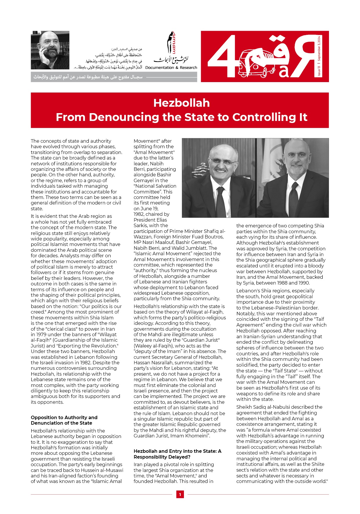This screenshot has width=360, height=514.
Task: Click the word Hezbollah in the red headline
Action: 181,103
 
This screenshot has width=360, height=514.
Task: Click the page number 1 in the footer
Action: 180,495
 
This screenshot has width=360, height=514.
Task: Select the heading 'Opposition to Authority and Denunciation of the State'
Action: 64,420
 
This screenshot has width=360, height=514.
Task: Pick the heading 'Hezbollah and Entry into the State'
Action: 177,454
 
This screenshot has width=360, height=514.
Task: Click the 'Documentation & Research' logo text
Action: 171,68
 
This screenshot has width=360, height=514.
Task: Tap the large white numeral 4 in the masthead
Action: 222,57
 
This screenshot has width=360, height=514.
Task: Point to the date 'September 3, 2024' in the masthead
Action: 319,48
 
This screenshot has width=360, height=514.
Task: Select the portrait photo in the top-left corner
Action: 50,50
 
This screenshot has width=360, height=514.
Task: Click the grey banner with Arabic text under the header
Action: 114,77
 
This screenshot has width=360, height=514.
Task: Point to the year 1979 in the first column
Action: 37,334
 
